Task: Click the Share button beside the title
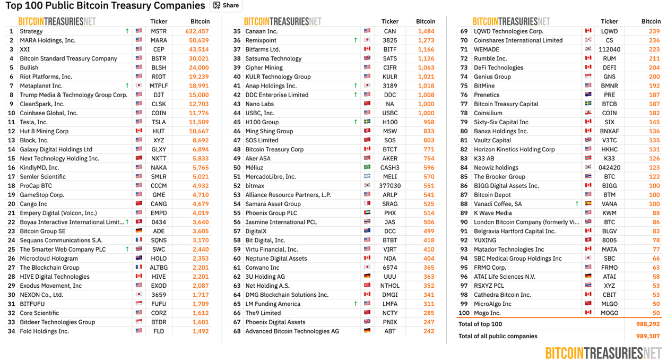point(226,5)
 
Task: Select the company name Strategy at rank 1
point(31,31)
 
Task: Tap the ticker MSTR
point(159,31)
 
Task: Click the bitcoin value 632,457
point(197,31)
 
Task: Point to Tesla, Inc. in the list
point(34,122)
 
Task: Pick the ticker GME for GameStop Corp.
point(159,195)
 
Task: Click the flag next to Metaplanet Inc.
point(139,86)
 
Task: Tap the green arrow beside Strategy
point(127,31)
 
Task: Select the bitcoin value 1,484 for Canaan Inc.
point(426,31)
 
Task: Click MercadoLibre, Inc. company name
point(271,177)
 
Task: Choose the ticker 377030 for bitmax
point(389,186)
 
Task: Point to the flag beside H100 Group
point(367,122)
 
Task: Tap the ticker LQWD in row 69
point(609,31)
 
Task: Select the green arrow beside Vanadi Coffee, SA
point(577,204)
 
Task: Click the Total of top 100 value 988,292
point(648,324)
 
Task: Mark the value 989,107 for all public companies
point(648,336)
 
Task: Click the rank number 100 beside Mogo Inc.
point(464,313)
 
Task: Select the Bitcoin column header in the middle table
point(426,22)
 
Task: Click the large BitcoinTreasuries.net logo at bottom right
point(603,353)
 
